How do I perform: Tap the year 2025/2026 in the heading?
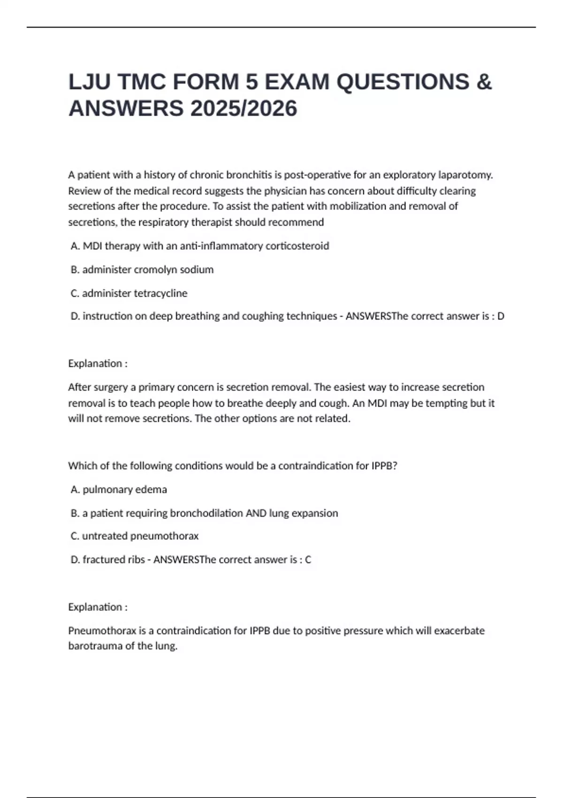pyautogui.click(x=243, y=109)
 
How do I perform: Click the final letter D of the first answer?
pyautogui.click(x=501, y=316)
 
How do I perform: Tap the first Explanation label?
pyautogui.click(x=98, y=364)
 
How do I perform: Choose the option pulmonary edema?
pyautogui.click(x=124, y=490)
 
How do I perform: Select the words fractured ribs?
pyautogui.click(x=114, y=560)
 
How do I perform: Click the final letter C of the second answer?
pyautogui.click(x=308, y=560)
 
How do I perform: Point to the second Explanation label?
pyautogui.click(x=98, y=607)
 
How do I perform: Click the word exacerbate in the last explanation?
pyautogui.click(x=459, y=631)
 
